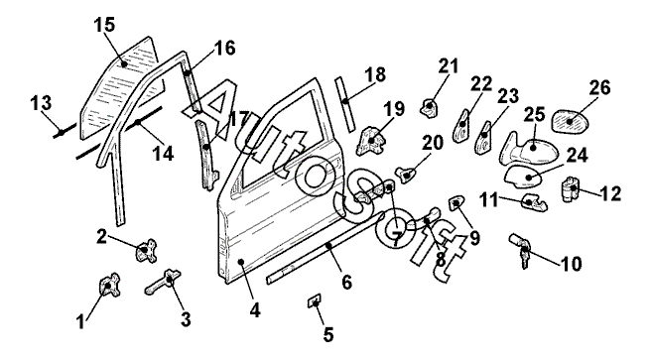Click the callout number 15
click(104, 25)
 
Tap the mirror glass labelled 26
click(570, 121)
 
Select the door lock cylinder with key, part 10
click(520, 249)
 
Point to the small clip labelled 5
click(315, 300)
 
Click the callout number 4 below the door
click(255, 309)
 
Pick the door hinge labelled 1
click(109, 286)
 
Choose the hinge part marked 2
click(145, 250)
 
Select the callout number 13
click(41, 102)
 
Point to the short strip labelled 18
click(345, 104)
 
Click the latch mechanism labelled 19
click(370, 140)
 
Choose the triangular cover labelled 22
click(461, 125)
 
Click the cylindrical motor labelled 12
click(570, 189)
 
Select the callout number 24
click(578, 156)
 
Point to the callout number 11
click(488, 200)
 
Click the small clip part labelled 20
click(408, 175)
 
